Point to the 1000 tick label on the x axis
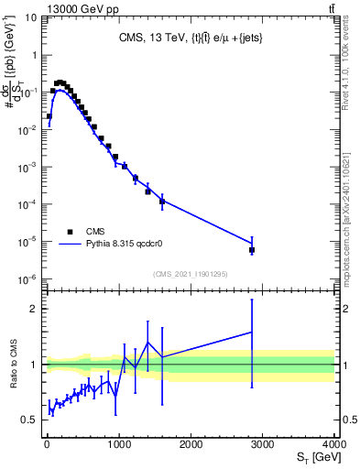pos(118,444)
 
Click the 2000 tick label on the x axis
pos(191,444)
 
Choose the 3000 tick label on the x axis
pos(263,444)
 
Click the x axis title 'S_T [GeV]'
pos(312,457)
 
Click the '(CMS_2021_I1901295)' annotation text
pos(190,274)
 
